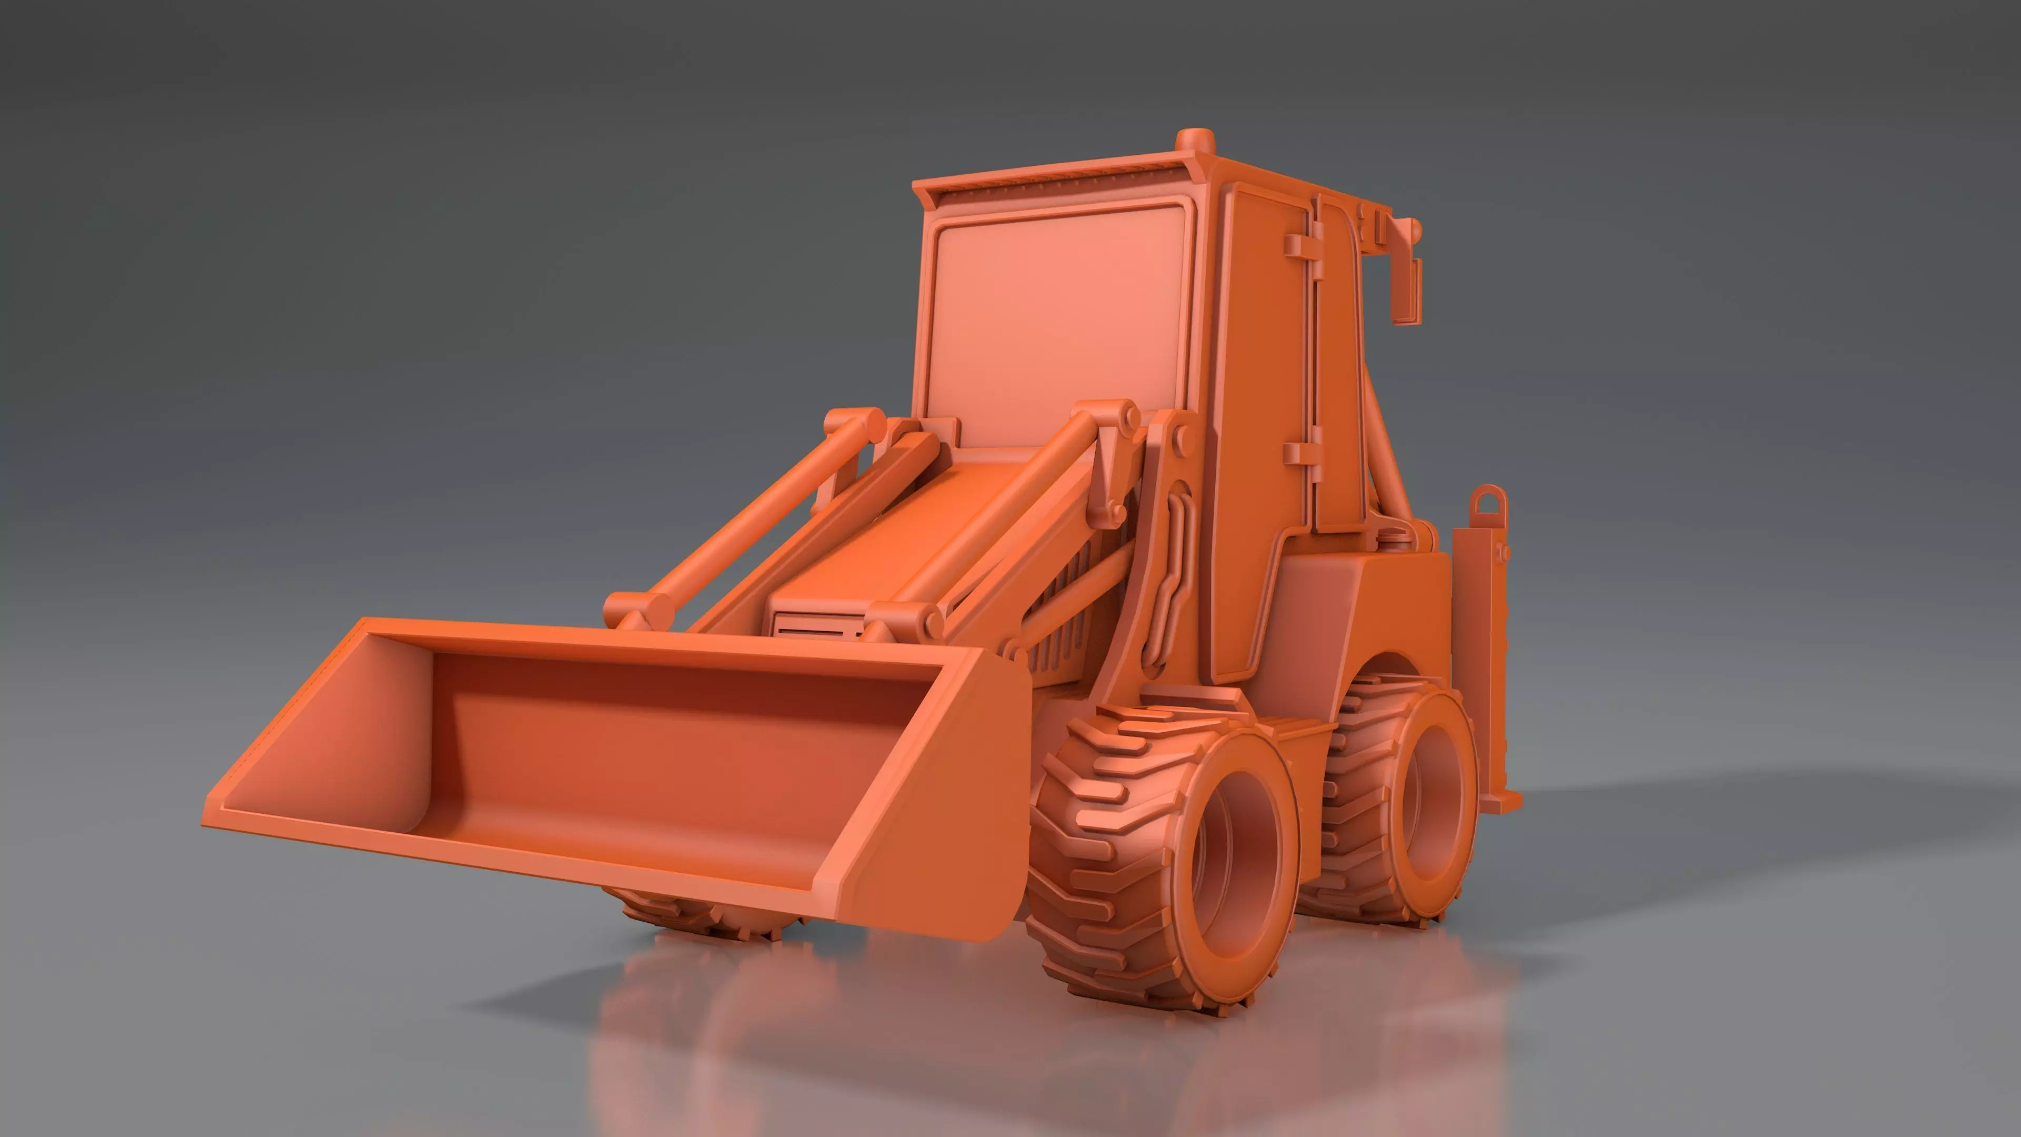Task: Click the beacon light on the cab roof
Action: tap(1195, 142)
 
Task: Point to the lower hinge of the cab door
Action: tap(1303, 454)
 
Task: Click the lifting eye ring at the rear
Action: tap(1488, 502)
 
